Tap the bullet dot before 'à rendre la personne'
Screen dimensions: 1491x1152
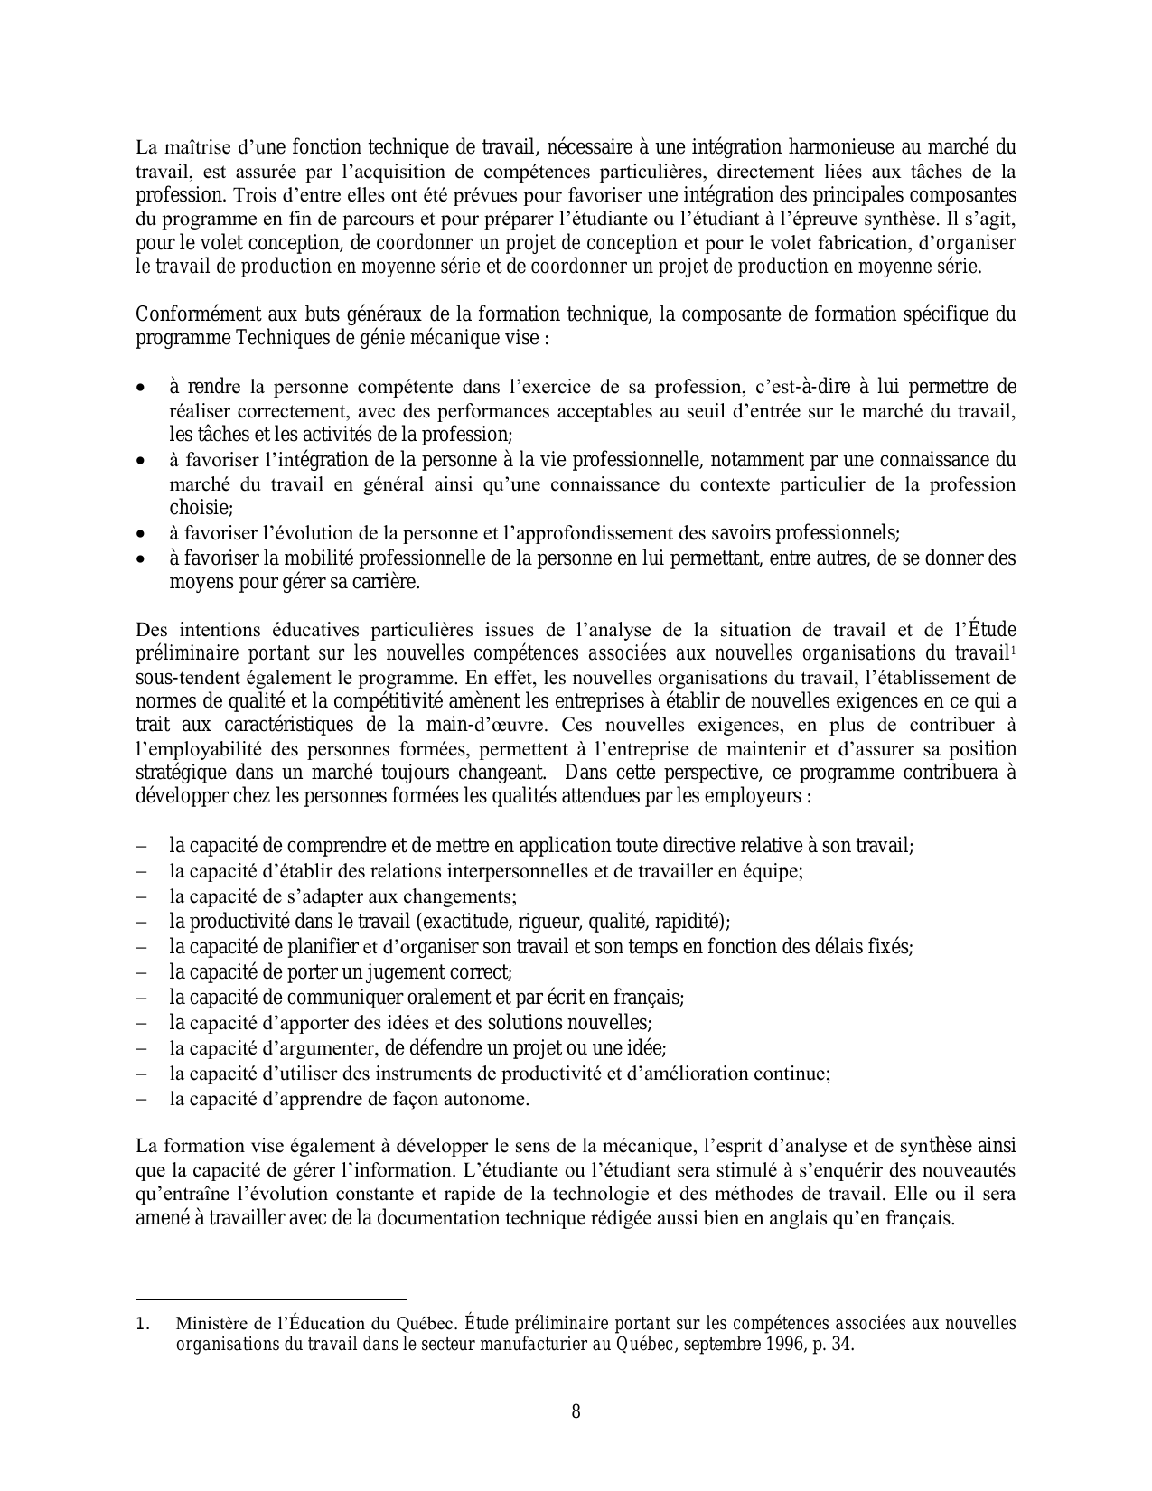click(140, 388)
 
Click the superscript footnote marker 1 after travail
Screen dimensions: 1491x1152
click(1013, 650)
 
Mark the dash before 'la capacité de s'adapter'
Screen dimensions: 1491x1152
click(142, 897)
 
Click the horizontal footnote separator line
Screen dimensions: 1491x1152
click(270, 1297)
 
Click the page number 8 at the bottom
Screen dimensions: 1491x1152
click(576, 1411)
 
